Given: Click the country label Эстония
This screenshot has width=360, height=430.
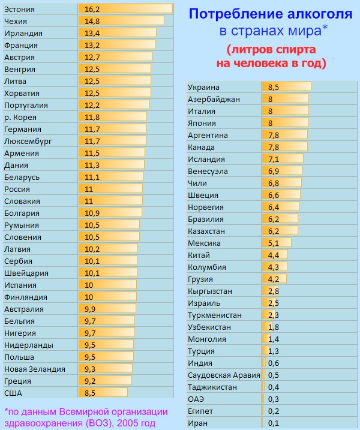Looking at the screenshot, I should [19, 10].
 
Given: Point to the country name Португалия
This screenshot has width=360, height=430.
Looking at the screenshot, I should [25, 105].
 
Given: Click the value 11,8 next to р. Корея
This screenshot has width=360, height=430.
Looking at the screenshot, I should [92, 117].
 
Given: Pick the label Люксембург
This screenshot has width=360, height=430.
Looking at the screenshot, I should [28, 141].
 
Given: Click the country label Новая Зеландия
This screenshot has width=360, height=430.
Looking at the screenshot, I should [34, 369].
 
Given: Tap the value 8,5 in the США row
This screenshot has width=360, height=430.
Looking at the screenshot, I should [91, 393].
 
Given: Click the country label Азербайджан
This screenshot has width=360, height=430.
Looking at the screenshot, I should [214, 99].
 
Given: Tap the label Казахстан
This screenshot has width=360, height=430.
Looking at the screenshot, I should [208, 231].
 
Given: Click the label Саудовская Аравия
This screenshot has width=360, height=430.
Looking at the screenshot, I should [223, 375].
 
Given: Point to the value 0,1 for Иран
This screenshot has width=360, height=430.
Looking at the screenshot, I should [273, 423].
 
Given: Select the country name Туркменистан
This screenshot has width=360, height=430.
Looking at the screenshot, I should [215, 315].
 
